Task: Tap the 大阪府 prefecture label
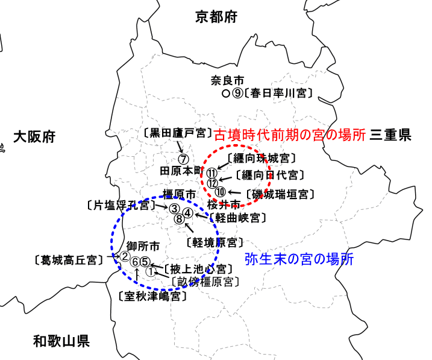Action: [34, 137]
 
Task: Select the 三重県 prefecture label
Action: [391, 135]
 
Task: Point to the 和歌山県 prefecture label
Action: [61, 342]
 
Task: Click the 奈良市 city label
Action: [227, 80]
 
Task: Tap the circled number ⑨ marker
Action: [237, 93]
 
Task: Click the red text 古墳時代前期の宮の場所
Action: [290, 135]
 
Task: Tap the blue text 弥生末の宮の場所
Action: [299, 260]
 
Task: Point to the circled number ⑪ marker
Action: [211, 174]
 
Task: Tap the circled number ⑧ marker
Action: [179, 219]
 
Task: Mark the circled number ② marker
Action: [125, 256]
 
